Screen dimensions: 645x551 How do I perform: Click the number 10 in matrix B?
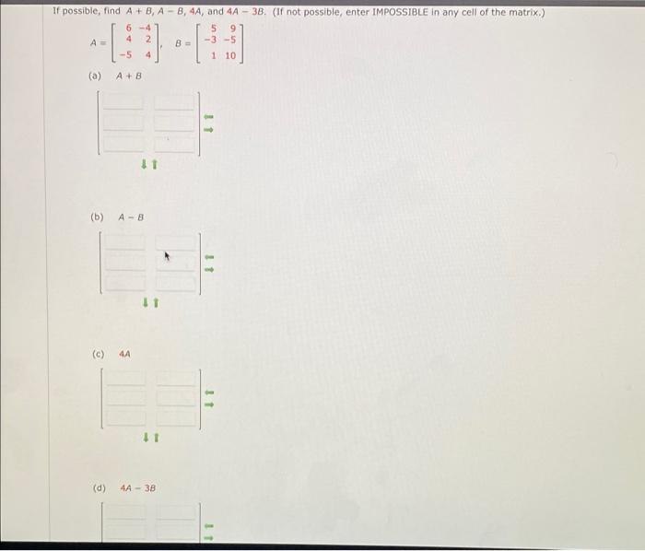[229, 56]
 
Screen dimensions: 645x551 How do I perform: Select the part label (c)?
[98, 353]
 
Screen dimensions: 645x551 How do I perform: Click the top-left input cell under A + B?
[123, 104]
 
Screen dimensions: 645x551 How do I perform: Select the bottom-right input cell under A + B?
[176, 143]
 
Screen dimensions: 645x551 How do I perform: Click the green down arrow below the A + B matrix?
[144, 165]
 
